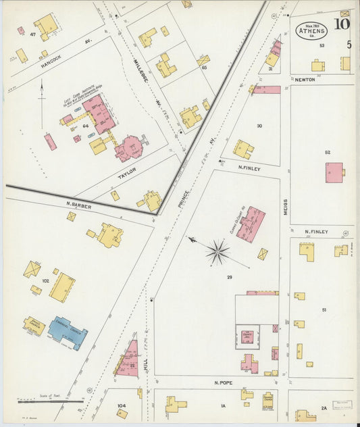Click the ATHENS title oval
coord(311,30)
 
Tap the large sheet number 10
coord(341,25)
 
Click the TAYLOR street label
coord(128,173)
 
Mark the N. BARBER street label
coord(78,203)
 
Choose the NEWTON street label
coord(305,80)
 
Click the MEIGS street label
coord(286,206)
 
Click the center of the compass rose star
coord(217,252)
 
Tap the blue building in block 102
coord(68,332)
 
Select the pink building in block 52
coord(334,172)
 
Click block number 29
coord(229,278)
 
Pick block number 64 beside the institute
coord(86,126)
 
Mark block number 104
coord(122,405)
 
